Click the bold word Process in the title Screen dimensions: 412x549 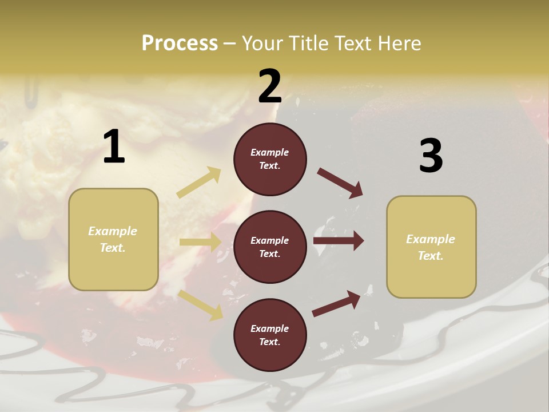tap(180, 43)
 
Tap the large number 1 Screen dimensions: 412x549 tap(114, 148)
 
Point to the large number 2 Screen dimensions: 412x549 tap(270, 87)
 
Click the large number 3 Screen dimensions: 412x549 tap(431, 156)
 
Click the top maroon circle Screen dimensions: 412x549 tap(270, 159)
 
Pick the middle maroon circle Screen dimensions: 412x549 tap(270, 247)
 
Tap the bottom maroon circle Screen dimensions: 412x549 tap(270, 335)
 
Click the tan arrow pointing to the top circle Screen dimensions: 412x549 tap(199, 183)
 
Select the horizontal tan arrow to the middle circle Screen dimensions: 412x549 tap(200, 242)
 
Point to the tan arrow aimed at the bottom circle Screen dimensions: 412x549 tap(200, 304)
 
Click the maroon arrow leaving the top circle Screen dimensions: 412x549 tap(340, 183)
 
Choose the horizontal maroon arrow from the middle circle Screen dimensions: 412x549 tap(339, 240)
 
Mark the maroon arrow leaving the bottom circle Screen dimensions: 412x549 tap(336, 304)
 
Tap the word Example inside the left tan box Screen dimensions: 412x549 tap(113, 231)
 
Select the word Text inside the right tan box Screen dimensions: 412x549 tap(431, 256)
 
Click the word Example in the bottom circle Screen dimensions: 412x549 tap(270, 328)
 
